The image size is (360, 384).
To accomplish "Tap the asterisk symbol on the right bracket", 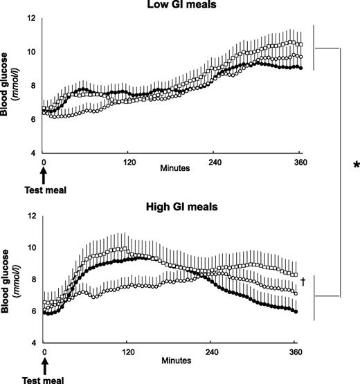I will tap(355, 165).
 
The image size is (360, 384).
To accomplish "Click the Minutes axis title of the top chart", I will tap(171, 167).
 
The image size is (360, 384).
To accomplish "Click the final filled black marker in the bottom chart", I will tap(296, 312).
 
